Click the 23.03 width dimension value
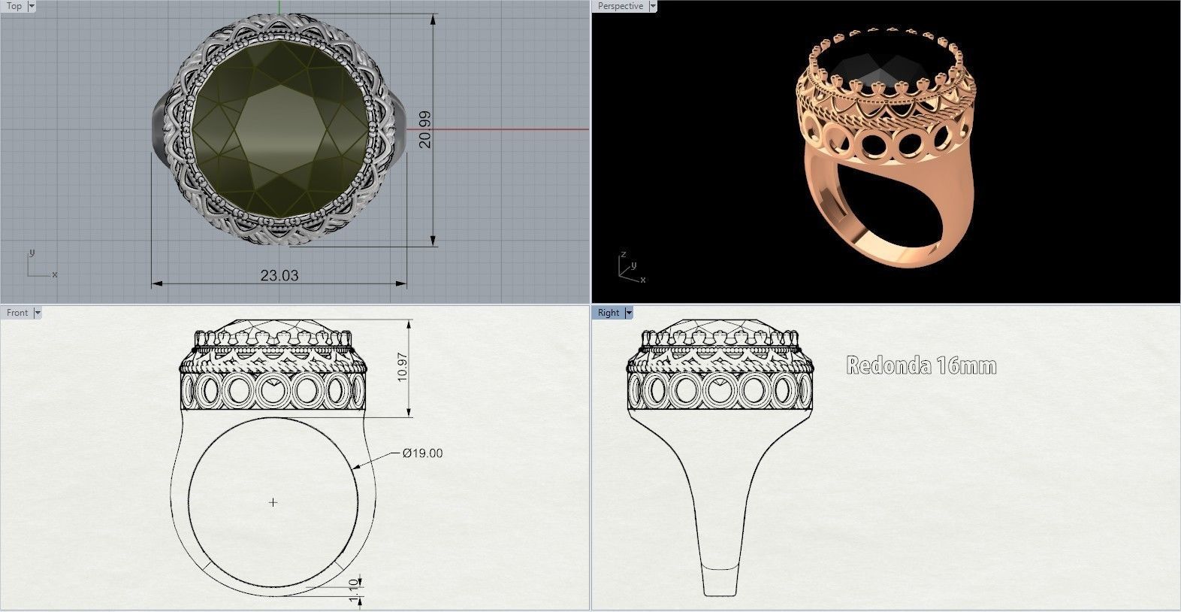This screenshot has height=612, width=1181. coord(279,276)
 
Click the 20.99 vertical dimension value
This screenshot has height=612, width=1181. coord(425,129)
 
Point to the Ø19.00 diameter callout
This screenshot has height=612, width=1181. coord(422,453)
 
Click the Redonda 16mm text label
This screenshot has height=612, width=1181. coord(921,366)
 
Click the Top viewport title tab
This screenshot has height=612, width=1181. coord(14,6)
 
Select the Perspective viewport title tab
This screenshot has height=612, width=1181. coord(620,6)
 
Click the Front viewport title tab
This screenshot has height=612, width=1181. coord(17,313)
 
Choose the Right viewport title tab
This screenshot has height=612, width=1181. coord(609,313)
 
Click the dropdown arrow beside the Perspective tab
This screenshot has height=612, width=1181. coord(652,6)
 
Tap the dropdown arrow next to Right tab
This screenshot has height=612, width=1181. coord(629,313)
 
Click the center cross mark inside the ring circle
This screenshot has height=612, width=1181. coord(273,502)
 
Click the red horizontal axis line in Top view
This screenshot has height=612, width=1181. coord(511,129)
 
